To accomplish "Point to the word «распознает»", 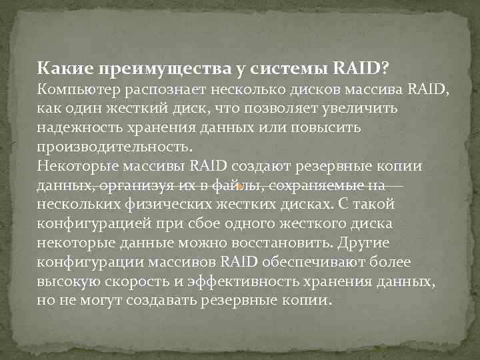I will point(173,89).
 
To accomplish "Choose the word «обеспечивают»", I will point(322,262).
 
